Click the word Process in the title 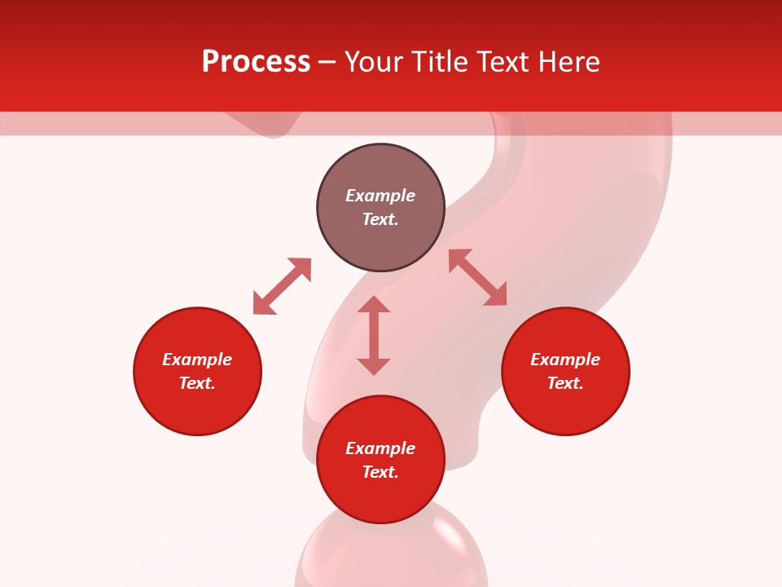click(256, 62)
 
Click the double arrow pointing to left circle click(282, 286)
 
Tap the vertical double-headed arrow click(374, 335)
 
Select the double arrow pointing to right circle click(477, 277)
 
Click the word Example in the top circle click(380, 196)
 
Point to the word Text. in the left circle click(197, 383)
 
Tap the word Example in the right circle click(565, 360)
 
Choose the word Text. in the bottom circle click(380, 472)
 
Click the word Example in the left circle click(197, 360)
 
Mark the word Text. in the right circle click(565, 383)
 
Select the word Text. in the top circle click(380, 219)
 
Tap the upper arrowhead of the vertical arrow click(374, 305)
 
